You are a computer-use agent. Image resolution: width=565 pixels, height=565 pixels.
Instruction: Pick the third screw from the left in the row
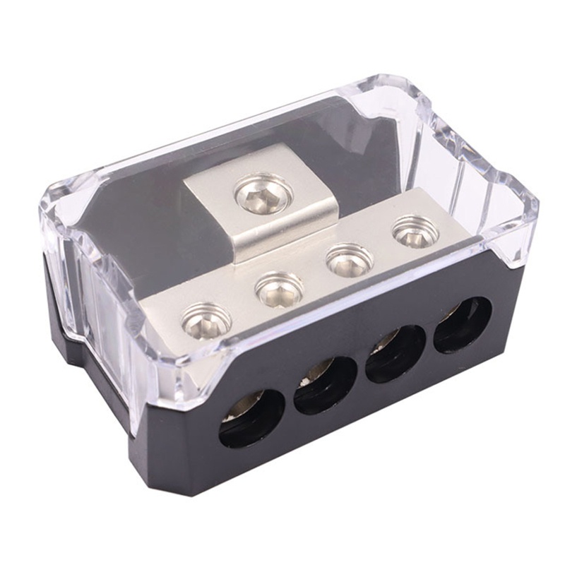[x=349, y=260]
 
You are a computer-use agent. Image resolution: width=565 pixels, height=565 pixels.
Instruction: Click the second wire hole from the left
[x=326, y=385]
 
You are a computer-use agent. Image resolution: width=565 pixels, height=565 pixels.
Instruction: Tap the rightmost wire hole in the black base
[x=463, y=324]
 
